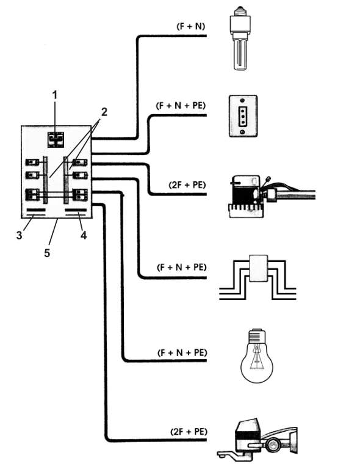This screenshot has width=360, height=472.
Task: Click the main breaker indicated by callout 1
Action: (56, 140)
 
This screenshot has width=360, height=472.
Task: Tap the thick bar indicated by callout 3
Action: (35, 212)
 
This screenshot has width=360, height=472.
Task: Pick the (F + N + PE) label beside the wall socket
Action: (181, 105)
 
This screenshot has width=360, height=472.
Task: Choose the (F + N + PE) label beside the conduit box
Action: (181, 267)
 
